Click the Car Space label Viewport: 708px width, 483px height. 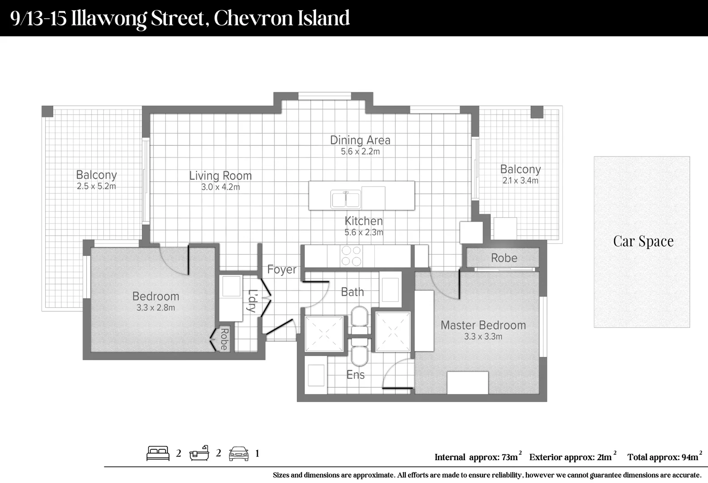pos(643,241)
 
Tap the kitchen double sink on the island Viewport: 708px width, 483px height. pos(345,199)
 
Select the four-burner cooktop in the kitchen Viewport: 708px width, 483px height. pos(351,256)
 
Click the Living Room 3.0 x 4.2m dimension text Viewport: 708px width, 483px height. pos(220,187)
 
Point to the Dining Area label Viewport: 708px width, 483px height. pos(360,140)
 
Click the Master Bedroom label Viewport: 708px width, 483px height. pos(483,325)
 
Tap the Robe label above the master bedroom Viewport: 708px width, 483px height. pos(504,258)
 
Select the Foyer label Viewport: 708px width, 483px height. pos(282,269)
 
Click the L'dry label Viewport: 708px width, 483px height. pos(252,301)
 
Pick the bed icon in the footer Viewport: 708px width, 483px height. pos(158,453)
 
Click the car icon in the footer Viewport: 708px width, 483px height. pos(238,453)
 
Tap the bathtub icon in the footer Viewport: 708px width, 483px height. pos(199,453)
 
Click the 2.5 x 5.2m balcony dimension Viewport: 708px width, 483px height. pos(96,186)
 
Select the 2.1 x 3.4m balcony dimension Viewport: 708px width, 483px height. pos(520,181)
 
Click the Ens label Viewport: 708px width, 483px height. pos(356,375)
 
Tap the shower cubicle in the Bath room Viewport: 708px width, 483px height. pos(324,334)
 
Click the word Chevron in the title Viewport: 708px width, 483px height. pos(253,18)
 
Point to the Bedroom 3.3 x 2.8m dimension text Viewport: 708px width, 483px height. pos(156,308)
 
